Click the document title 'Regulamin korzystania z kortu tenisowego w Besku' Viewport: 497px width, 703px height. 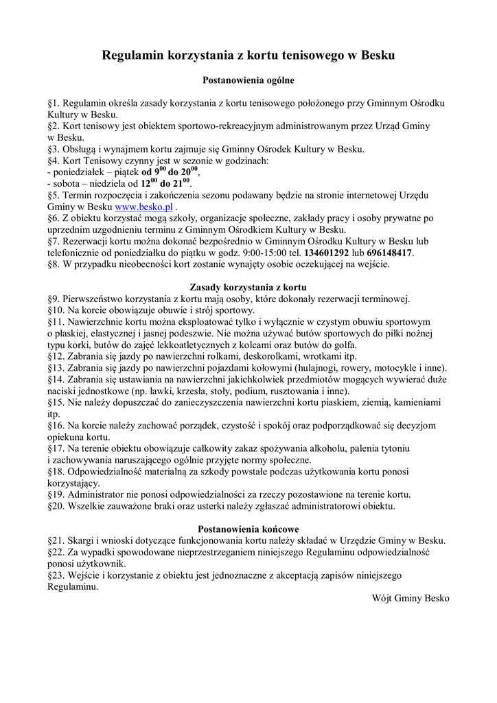tap(248, 55)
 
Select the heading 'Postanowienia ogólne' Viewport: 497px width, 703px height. tap(248, 80)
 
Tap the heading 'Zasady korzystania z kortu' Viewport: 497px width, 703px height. tap(248, 287)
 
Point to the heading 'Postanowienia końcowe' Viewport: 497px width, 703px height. tap(248, 529)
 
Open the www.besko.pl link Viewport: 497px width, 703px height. tap(143, 207)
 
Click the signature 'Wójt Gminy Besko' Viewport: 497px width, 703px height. tap(411, 599)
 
